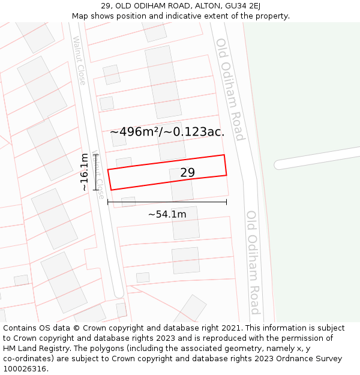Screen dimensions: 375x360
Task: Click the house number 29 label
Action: (187, 173)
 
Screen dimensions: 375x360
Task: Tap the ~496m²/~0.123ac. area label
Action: (167, 132)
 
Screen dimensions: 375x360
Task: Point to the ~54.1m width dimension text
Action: (167, 214)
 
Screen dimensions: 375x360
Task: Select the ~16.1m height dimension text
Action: (85, 172)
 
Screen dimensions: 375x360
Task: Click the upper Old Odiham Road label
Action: (230, 89)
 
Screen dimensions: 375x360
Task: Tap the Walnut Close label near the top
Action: (79, 60)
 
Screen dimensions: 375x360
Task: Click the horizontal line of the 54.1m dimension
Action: (167, 202)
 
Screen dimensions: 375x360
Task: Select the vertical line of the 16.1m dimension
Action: (95, 172)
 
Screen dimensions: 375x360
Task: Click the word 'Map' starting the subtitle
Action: (80, 16)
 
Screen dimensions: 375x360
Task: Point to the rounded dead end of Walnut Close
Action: (118, 292)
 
